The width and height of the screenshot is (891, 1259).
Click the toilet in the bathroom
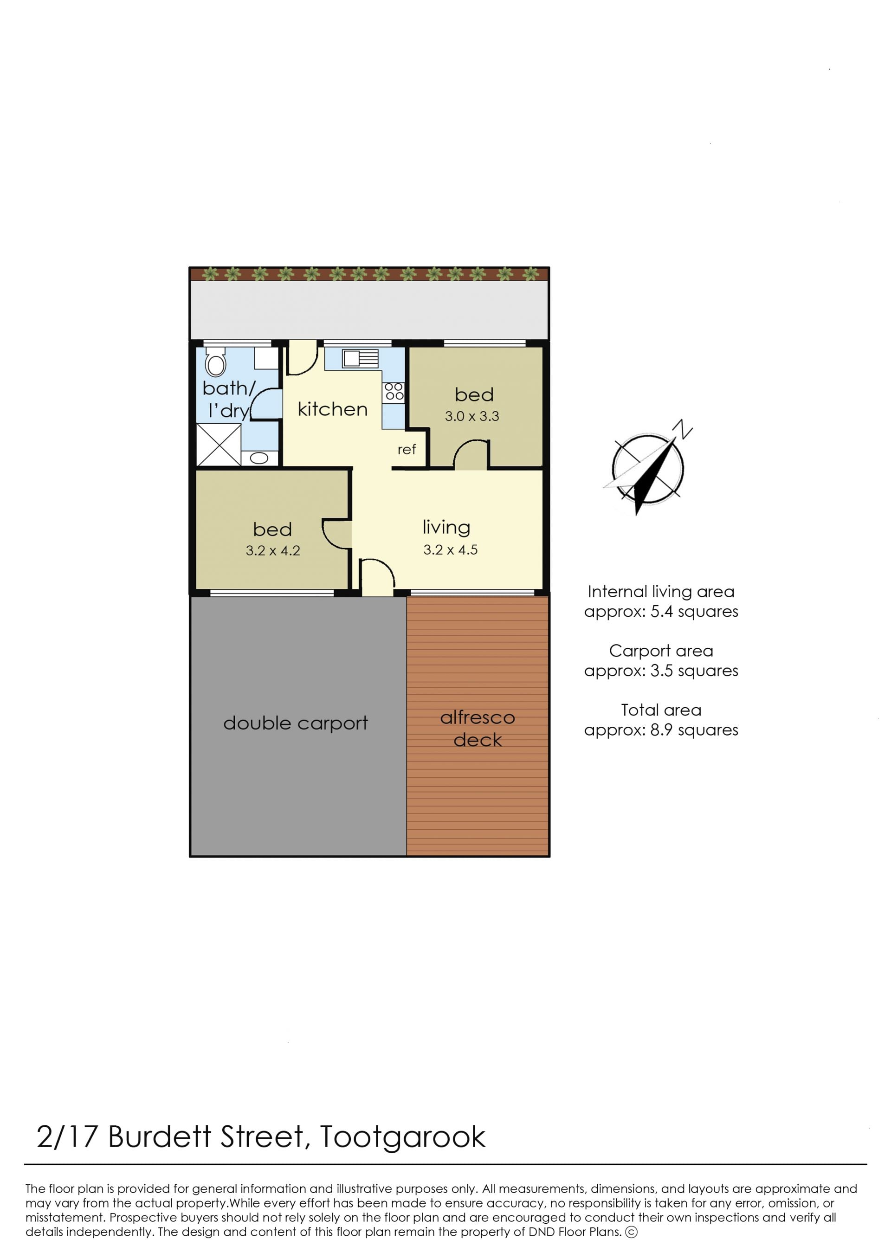tap(216, 362)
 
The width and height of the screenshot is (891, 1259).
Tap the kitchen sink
tap(361, 359)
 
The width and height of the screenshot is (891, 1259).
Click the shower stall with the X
tap(219, 445)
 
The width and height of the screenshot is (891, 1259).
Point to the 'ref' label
tap(407, 449)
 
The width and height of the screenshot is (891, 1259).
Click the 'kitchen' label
tap(332, 409)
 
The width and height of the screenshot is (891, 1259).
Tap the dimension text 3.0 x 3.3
tap(472, 416)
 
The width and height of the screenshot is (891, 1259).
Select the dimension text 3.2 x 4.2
tap(273, 551)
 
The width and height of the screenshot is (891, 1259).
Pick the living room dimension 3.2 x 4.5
tap(451, 549)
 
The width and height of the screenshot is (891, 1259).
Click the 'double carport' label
tap(296, 723)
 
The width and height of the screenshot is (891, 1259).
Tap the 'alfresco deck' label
tap(478, 729)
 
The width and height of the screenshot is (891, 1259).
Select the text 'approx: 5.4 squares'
tap(661, 612)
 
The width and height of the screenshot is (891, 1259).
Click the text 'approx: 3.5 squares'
tap(661, 671)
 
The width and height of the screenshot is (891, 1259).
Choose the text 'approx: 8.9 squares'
tap(661, 730)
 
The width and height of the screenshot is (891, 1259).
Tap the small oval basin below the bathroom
tap(259, 458)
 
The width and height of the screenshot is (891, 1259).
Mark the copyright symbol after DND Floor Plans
tap(632, 1232)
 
